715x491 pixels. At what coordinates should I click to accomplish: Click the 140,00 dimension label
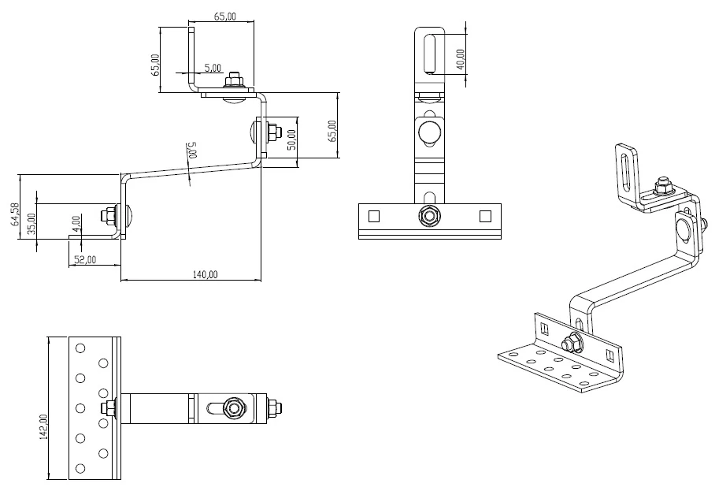click(205, 273)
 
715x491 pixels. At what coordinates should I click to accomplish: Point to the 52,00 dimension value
click(84, 259)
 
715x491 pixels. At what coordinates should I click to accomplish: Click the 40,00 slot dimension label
click(460, 59)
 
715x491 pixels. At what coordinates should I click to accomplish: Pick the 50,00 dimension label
click(291, 140)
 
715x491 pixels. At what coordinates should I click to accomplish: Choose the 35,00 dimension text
click(31, 223)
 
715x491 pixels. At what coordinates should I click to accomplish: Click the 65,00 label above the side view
click(224, 17)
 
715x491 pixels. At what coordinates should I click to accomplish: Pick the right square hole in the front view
click(485, 215)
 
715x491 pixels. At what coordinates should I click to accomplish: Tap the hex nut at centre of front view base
click(429, 215)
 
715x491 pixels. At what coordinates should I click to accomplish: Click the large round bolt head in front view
click(429, 131)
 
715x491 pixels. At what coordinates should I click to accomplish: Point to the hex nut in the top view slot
click(232, 407)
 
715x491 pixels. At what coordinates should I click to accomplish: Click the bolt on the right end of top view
click(273, 407)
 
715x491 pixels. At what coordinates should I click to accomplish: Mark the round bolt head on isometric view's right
click(684, 227)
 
